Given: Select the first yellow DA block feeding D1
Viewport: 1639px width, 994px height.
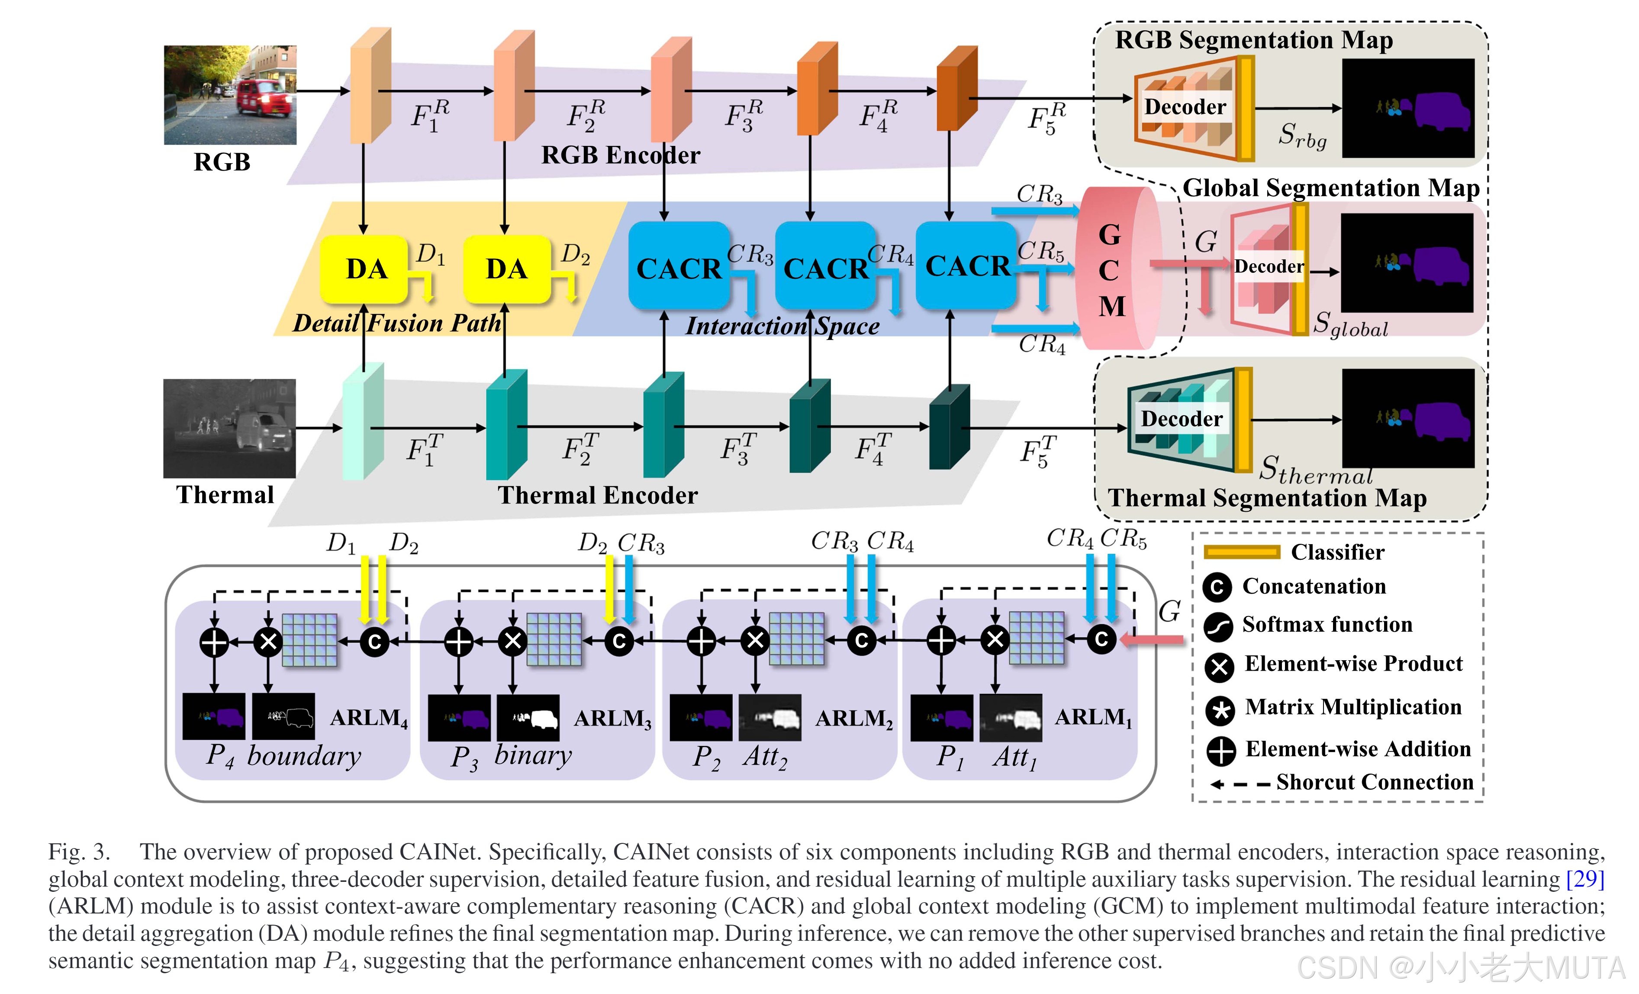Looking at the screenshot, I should [x=364, y=269].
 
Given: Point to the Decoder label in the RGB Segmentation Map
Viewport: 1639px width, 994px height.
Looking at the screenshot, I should [x=1185, y=107].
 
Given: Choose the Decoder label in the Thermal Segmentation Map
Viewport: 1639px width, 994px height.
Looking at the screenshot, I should [x=1182, y=419].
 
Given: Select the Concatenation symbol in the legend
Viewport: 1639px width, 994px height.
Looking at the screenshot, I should [x=1217, y=587].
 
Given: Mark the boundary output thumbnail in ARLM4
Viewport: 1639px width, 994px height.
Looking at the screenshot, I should [x=283, y=716].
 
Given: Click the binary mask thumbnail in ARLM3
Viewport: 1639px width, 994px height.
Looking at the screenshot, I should [x=528, y=717].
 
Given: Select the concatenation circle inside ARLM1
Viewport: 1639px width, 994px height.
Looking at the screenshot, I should [x=1101, y=639].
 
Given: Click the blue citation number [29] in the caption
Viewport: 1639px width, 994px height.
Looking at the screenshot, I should [x=1585, y=879].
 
